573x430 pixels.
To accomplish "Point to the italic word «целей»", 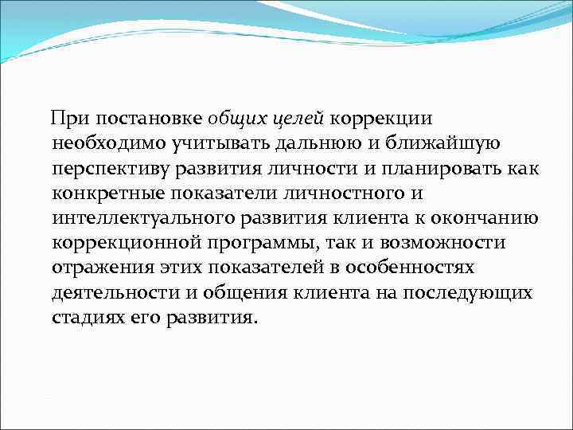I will pyautogui.click(x=296, y=119).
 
